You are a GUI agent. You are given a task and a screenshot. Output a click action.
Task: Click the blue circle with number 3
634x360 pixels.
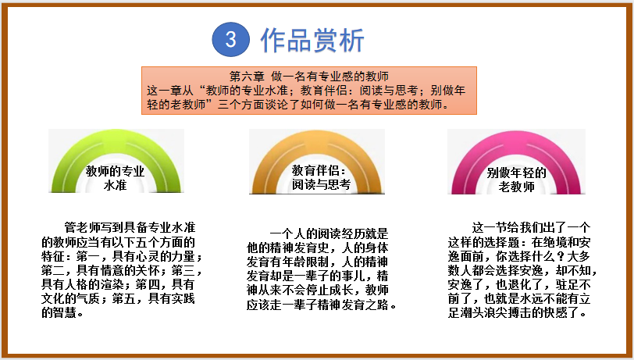(230, 39)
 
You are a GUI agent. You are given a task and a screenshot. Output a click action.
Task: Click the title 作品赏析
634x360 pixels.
(312, 40)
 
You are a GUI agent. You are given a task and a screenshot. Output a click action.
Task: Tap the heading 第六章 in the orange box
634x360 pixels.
(247, 76)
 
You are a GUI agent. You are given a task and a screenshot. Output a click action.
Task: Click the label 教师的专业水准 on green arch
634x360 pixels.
(116, 178)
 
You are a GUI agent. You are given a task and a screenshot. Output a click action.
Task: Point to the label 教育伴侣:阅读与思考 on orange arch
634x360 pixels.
(321, 177)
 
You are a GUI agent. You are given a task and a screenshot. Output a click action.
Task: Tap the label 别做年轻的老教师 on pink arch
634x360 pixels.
(516, 180)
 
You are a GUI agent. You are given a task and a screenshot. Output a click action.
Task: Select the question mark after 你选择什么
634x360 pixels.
(561, 256)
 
